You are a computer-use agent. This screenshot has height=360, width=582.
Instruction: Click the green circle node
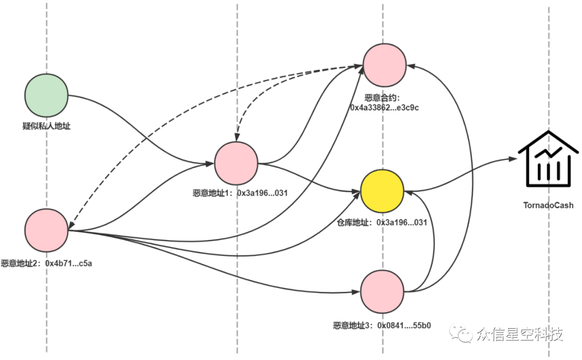[46, 95]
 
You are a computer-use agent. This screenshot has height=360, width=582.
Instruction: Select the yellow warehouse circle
[382, 191]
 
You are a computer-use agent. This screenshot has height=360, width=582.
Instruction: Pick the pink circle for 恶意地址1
[236, 163]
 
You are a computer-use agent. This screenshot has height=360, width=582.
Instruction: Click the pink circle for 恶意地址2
[46, 231]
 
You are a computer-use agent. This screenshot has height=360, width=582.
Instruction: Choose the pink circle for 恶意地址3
[382, 292]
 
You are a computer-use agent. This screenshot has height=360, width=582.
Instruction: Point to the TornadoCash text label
[548, 205]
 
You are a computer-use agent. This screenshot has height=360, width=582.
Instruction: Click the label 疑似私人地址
[46, 127]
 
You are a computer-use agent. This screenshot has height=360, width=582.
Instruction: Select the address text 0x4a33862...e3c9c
[384, 108]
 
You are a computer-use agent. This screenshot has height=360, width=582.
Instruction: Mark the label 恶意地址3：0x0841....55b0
[382, 326]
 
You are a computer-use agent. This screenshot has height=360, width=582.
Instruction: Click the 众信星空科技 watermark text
[519, 335]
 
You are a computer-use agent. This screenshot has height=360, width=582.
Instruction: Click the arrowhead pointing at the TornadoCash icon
[512, 159]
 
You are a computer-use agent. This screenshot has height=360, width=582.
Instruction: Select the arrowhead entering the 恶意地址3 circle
[357, 293]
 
